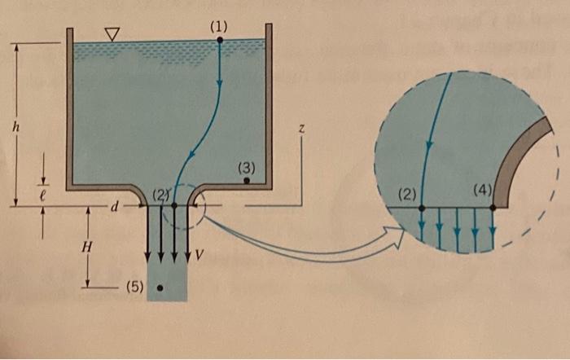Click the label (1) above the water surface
point(219,27)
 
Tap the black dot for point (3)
point(246,181)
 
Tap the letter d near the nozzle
point(116,207)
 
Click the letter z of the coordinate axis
point(301,130)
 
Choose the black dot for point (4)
point(494,208)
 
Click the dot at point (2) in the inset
point(422,208)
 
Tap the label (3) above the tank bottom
point(247,167)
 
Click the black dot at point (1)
point(220,40)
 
